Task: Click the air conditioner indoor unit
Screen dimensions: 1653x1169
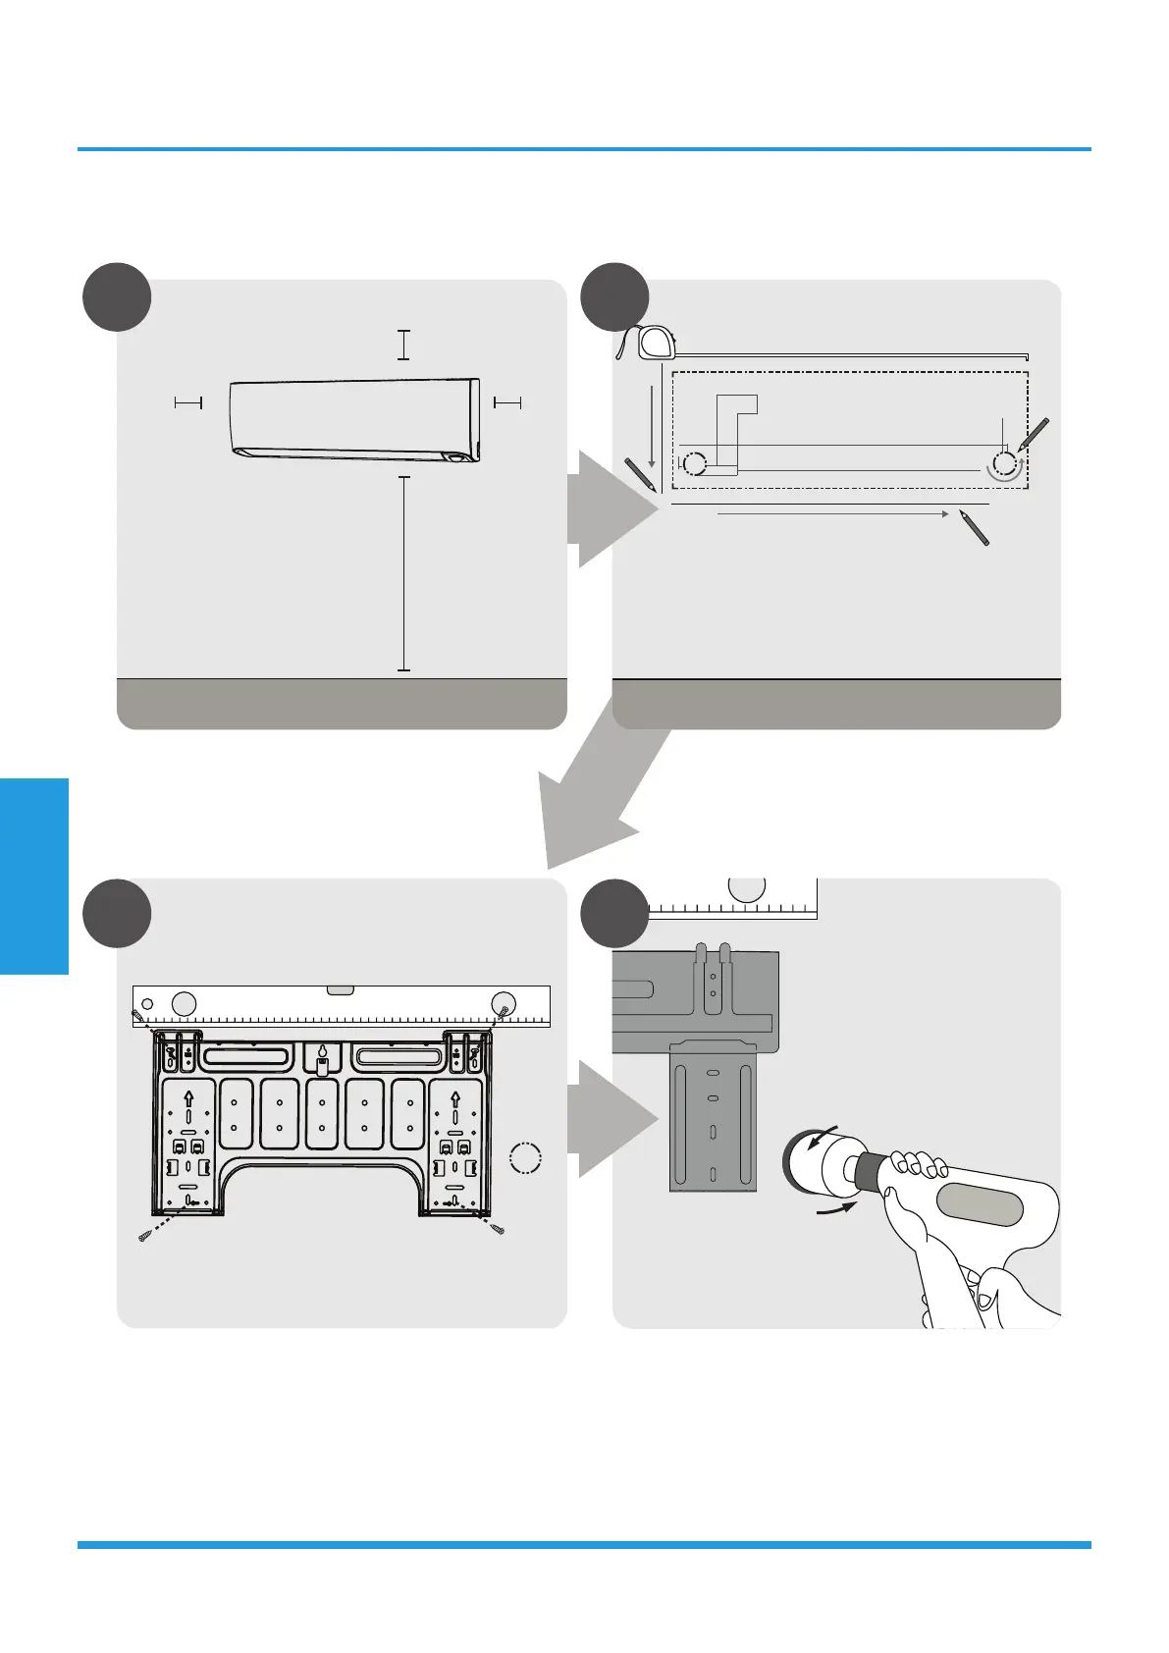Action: (354, 420)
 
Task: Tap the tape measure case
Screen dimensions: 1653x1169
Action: (657, 343)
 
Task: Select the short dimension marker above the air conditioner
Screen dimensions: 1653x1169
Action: (403, 346)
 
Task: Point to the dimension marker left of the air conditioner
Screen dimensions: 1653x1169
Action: (187, 401)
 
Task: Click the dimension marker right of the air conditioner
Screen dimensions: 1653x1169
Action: (507, 401)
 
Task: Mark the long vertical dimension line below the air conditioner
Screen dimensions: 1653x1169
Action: (403, 573)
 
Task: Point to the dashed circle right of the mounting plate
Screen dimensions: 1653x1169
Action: (527, 1158)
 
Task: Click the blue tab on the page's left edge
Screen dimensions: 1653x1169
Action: (34, 876)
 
